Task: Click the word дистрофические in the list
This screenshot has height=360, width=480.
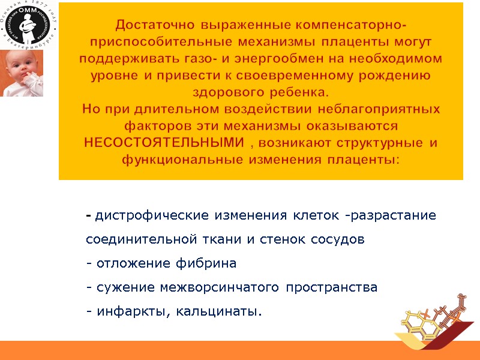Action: (143, 215)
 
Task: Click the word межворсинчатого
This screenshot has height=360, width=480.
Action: (220, 287)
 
